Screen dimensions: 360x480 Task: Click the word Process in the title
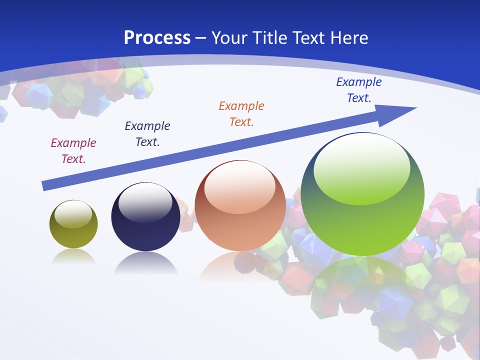(x=157, y=38)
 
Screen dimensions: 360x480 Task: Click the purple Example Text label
(x=73, y=150)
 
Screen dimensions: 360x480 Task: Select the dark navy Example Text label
(x=147, y=133)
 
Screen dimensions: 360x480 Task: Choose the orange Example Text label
(x=241, y=113)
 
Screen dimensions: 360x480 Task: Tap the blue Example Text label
(x=359, y=89)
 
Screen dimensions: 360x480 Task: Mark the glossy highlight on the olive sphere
(x=73, y=214)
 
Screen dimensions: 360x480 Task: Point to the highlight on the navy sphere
(x=145, y=202)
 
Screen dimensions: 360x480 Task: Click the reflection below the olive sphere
(x=73, y=257)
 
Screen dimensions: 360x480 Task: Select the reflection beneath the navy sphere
(x=145, y=263)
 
